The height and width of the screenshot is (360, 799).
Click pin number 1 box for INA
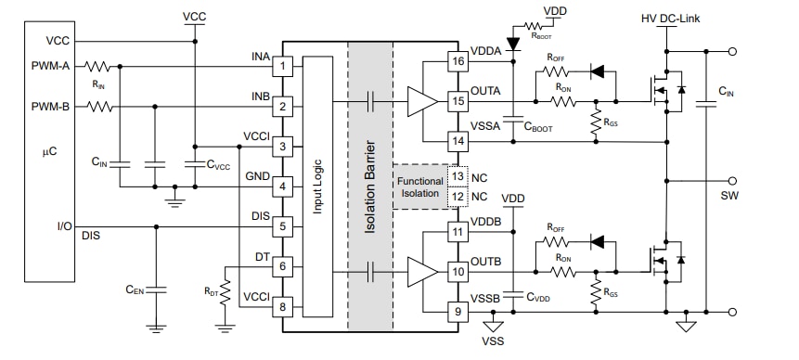click(286, 67)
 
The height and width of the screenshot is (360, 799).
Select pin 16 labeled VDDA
click(457, 62)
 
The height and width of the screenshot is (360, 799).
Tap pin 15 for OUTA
click(457, 100)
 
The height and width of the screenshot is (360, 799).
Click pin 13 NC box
click(457, 174)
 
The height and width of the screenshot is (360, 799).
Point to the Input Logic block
click(317, 186)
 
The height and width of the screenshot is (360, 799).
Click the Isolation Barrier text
click(369, 186)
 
